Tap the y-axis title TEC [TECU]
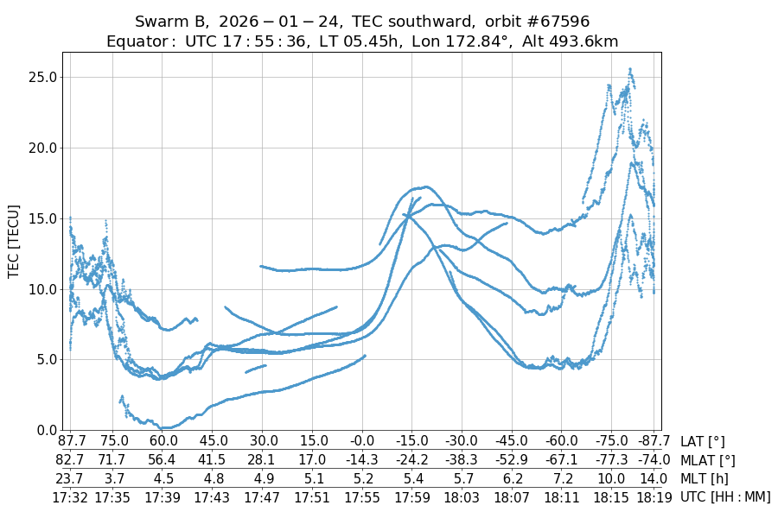point(14,241)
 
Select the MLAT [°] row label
point(708,460)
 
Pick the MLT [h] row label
point(703,478)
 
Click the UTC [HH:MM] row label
point(725,496)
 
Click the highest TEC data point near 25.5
point(630,69)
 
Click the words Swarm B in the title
point(169,21)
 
